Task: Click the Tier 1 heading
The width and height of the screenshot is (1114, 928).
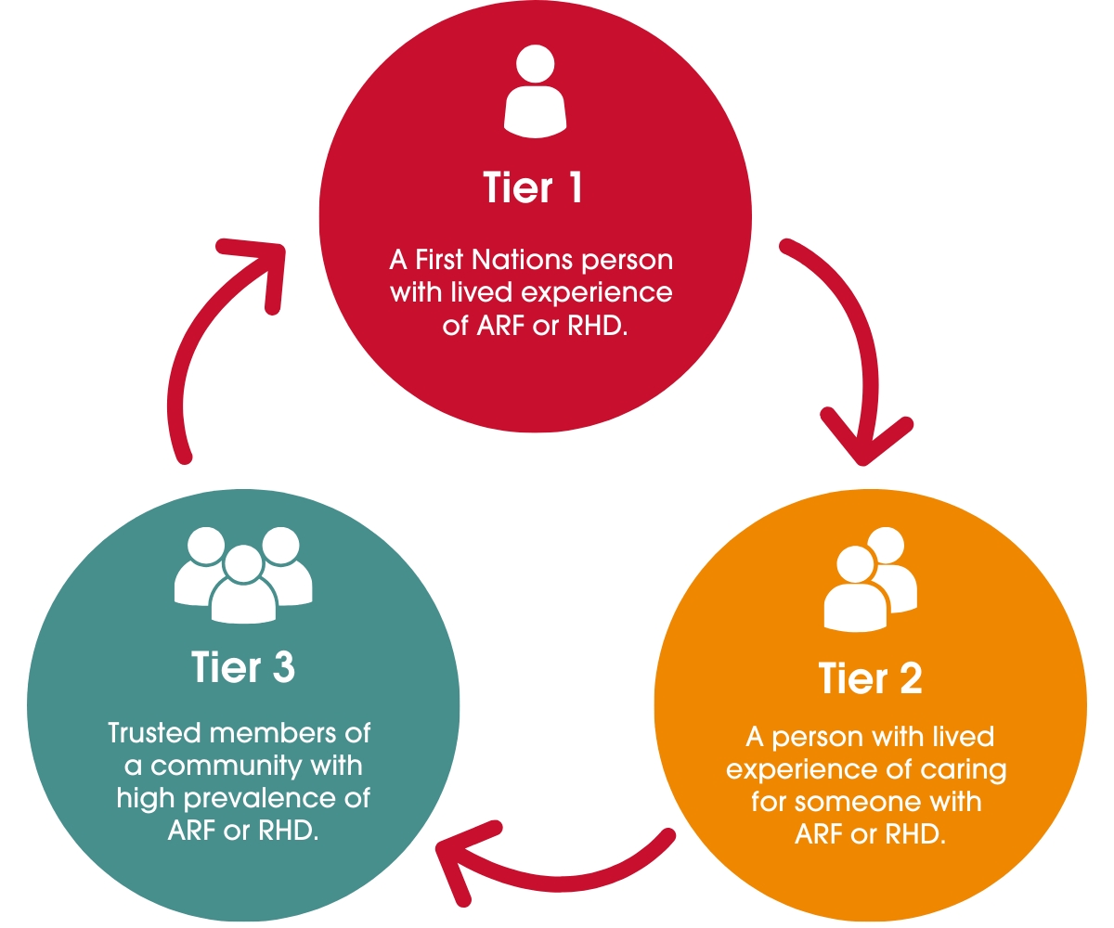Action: pyautogui.click(x=534, y=187)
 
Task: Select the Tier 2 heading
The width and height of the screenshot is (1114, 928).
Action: pyautogui.click(x=870, y=679)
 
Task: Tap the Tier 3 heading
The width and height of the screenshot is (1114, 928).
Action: pyautogui.click(x=244, y=667)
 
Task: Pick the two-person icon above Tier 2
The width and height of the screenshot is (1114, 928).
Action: pyautogui.click(x=869, y=580)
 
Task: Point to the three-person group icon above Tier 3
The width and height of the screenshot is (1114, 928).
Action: pyautogui.click(x=243, y=574)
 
